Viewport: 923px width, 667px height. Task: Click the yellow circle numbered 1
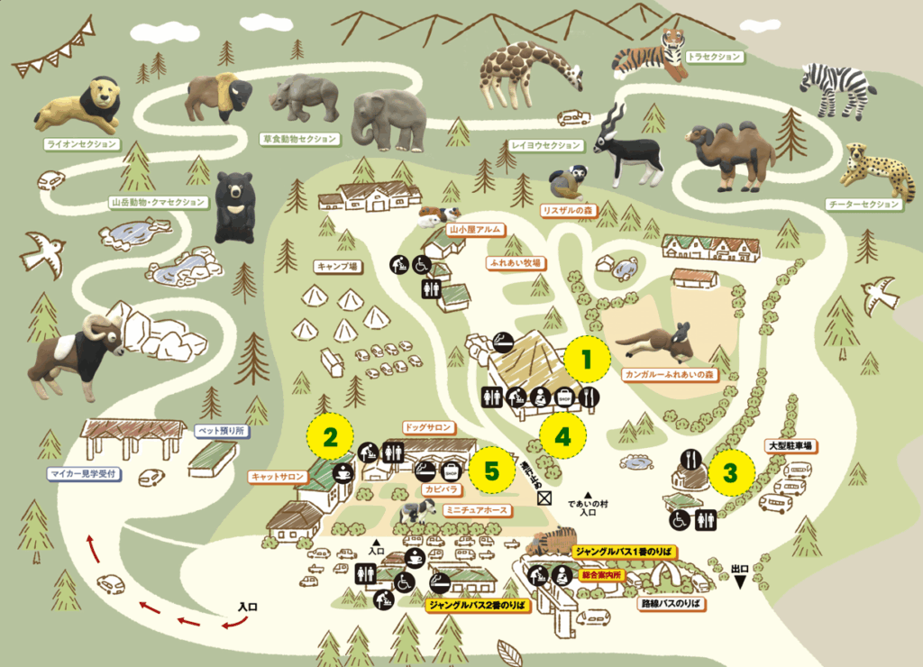click(x=587, y=361)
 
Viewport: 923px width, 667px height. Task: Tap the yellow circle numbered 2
click(x=331, y=439)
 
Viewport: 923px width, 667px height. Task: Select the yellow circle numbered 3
click(x=732, y=471)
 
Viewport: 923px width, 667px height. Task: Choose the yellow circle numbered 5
click(x=491, y=470)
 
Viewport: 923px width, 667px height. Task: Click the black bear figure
click(x=234, y=206)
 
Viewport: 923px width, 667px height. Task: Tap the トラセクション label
click(x=715, y=57)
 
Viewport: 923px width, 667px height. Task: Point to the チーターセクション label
click(x=864, y=205)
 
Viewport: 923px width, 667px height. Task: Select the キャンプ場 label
click(x=337, y=267)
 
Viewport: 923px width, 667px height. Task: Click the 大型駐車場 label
click(x=790, y=445)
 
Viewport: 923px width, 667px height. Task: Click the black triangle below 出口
click(x=740, y=583)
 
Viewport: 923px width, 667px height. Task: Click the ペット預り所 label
click(x=221, y=431)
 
